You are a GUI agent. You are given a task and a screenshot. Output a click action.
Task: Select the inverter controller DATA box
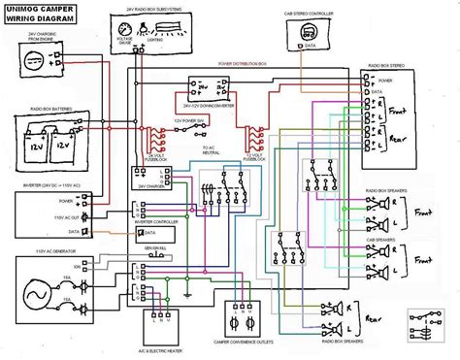(x=146, y=233)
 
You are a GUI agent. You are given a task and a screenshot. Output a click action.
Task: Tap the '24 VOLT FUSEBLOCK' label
(x=158, y=156)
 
